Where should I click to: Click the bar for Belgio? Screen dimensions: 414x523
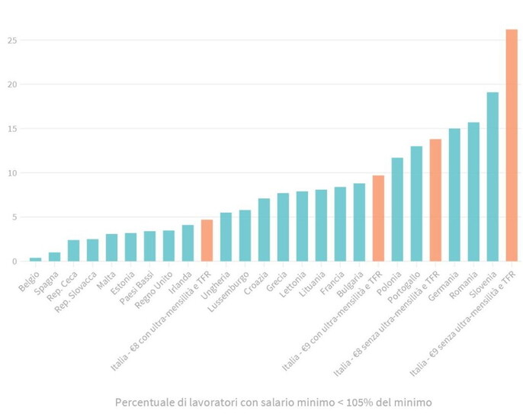pos(35,259)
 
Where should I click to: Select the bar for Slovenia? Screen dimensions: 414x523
pos(493,177)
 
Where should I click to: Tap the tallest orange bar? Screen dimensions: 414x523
pos(512,145)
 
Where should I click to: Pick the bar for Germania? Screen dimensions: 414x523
pos(454,195)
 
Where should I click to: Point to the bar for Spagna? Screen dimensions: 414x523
pos(54,257)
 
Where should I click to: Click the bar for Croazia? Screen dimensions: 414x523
pos(264,230)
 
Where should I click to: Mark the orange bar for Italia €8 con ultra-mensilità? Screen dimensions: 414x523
pos(207,241)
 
